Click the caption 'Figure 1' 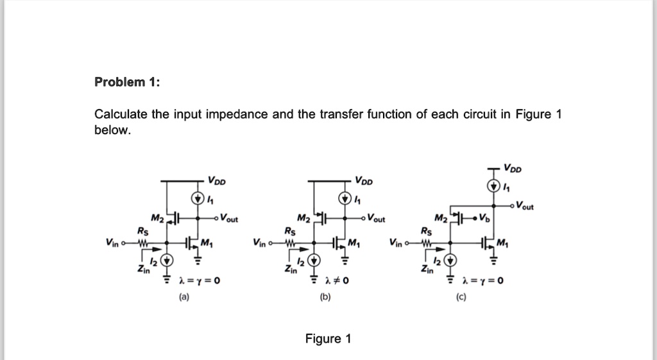coord(328,339)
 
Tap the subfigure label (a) coord(184,298)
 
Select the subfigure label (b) coord(328,298)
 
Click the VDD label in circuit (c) coord(513,169)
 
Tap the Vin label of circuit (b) coord(259,243)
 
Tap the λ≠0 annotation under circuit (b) coord(337,280)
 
